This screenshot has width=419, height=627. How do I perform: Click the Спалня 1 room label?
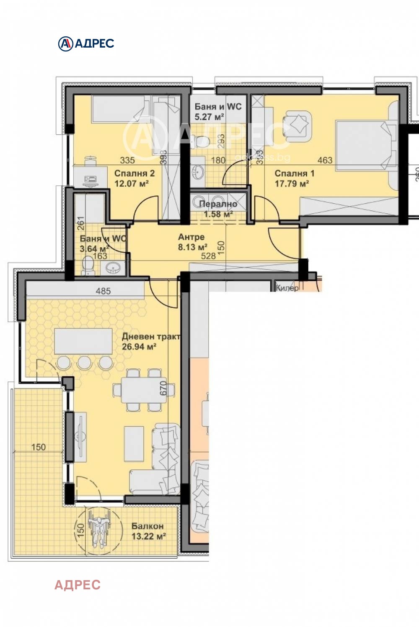(x=294, y=173)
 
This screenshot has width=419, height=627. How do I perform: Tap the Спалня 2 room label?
(x=134, y=173)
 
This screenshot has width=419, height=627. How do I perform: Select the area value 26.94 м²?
(x=139, y=347)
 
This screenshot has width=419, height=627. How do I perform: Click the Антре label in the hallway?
(x=191, y=237)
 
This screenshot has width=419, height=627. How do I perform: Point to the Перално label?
(x=218, y=204)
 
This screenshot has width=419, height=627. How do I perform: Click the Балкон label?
(x=147, y=526)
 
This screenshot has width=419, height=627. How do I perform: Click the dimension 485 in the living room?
(x=103, y=291)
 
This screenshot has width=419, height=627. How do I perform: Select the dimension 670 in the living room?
(x=163, y=388)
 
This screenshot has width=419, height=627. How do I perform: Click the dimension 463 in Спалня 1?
(x=325, y=160)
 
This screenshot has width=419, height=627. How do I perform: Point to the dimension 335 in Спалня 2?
(x=127, y=160)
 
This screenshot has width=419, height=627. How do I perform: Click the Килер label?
(x=287, y=288)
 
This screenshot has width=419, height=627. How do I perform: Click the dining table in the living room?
(x=138, y=390)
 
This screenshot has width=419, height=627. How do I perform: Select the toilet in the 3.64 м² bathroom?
(x=88, y=266)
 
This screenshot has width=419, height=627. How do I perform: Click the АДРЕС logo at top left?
(x=86, y=44)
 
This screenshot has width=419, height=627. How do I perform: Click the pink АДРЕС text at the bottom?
(x=78, y=584)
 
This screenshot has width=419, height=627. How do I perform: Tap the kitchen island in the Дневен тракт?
(x=83, y=341)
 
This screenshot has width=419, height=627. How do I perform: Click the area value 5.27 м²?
(x=209, y=117)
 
